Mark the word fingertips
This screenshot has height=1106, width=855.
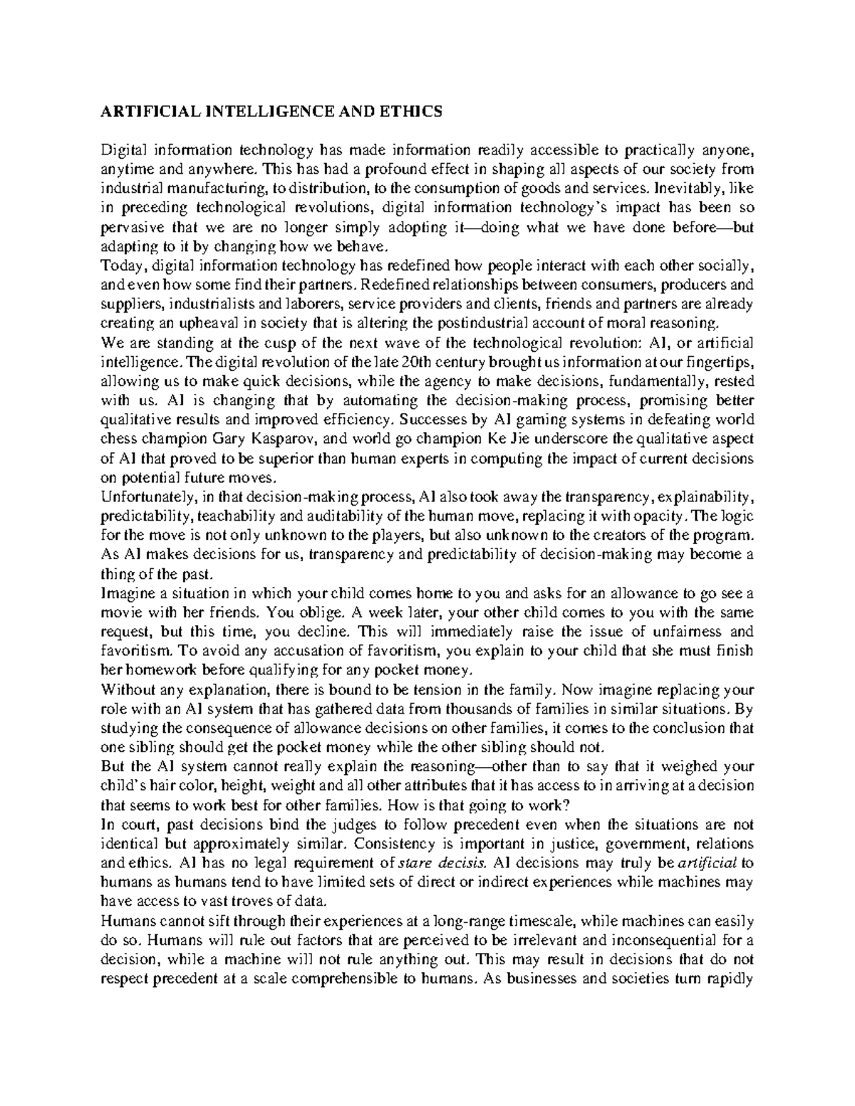[x=720, y=362]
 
